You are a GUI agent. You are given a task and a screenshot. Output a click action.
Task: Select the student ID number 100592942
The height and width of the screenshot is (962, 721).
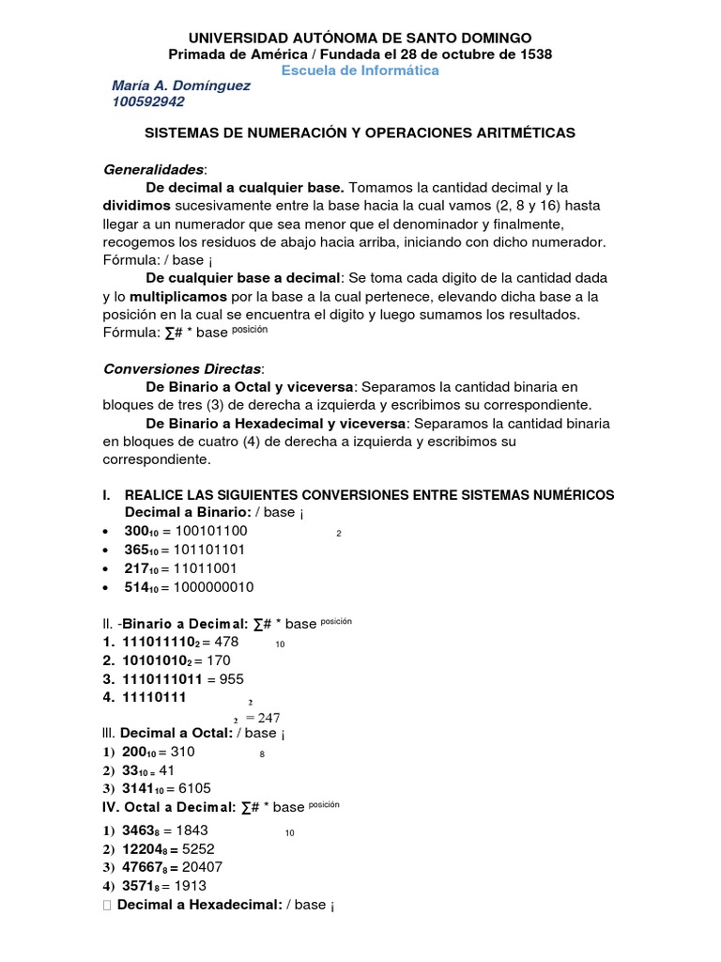(x=148, y=102)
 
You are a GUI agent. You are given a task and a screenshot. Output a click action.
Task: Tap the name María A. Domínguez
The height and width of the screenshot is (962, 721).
(x=181, y=86)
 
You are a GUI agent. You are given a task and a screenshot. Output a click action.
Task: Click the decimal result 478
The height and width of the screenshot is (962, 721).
(x=227, y=642)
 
